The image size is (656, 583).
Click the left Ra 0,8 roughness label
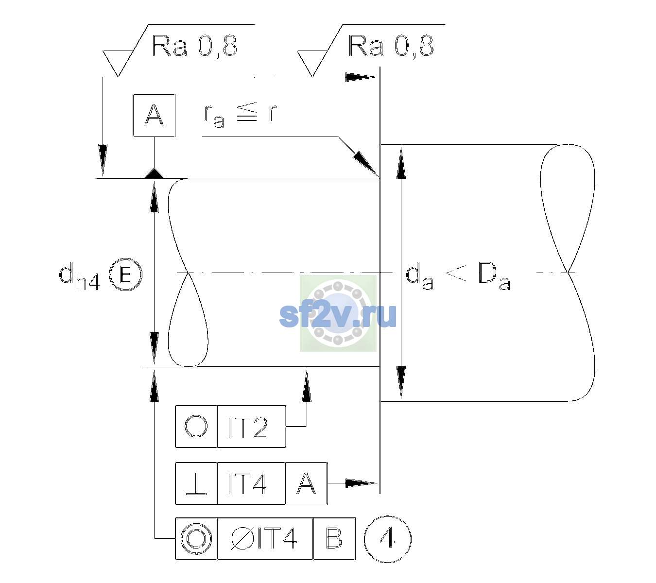tap(194, 46)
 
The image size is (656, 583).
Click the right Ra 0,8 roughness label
tap(391, 46)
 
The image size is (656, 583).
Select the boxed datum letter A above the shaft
tap(154, 116)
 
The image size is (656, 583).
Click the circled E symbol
tap(125, 274)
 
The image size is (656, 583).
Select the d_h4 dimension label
tap(79, 276)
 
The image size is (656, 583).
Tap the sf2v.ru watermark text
tap(338, 315)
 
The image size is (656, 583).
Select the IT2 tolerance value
tap(248, 428)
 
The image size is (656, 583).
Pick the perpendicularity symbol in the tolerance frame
tap(196, 483)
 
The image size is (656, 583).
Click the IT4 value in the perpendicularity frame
tap(248, 484)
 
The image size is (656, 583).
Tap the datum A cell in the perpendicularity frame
tap(306, 483)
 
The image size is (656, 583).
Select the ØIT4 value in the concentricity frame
tap(264, 539)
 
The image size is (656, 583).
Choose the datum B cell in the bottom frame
tap(334, 539)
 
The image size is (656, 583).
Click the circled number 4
tap(388, 539)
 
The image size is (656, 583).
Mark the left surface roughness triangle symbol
tap(118, 64)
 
